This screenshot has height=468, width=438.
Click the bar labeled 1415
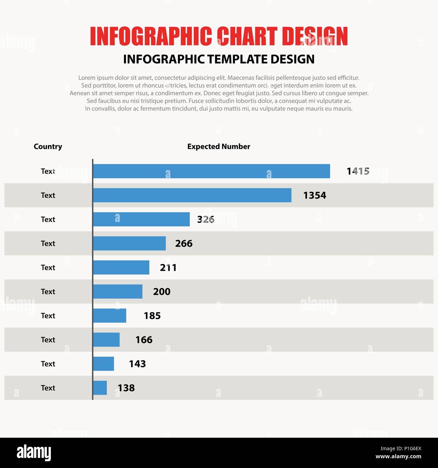pyautogui.click(x=211, y=171)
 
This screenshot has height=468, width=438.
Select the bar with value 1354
pyautogui.click(x=192, y=195)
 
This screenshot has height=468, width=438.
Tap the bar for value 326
pyautogui.click(x=141, y=219)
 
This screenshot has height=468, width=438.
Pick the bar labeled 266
pyautogui.click(x=129, y=243)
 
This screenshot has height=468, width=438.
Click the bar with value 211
pyautogui.click(x=121, y=267)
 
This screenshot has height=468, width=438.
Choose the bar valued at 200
pyautogui.click(x=118, y=292)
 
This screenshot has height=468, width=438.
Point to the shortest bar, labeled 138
pyautogui.click(x=100, y=388)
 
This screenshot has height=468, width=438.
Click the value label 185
pyautogui.click(x=152, y=316)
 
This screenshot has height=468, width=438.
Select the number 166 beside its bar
pyautogui.click(x=144, y=340)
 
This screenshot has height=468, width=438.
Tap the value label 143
pyautogui.click(x=137, y=364)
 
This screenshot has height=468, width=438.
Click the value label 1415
pyautogui.click(x=358, y=171)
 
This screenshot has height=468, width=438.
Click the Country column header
pyautogui.click(x=48, y=146)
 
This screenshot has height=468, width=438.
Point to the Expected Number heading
pyautogui.click(x=219, y=146)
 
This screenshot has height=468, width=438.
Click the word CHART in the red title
pyautogui.click(x=247, y=36)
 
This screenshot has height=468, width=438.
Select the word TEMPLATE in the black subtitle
pyautogui.click(x=238, y=59)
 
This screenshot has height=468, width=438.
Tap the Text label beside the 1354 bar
pyautogui.click(x=48, y=195)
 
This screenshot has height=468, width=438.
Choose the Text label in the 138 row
pyautogui.click(x=48, y=388)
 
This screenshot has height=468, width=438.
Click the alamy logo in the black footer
pyautogui.click(x=34, y=452)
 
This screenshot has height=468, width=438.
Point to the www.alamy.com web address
pyautogui.click(x=398, y=457)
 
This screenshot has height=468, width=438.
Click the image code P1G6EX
pyautogui.click(x=401, y=448)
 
